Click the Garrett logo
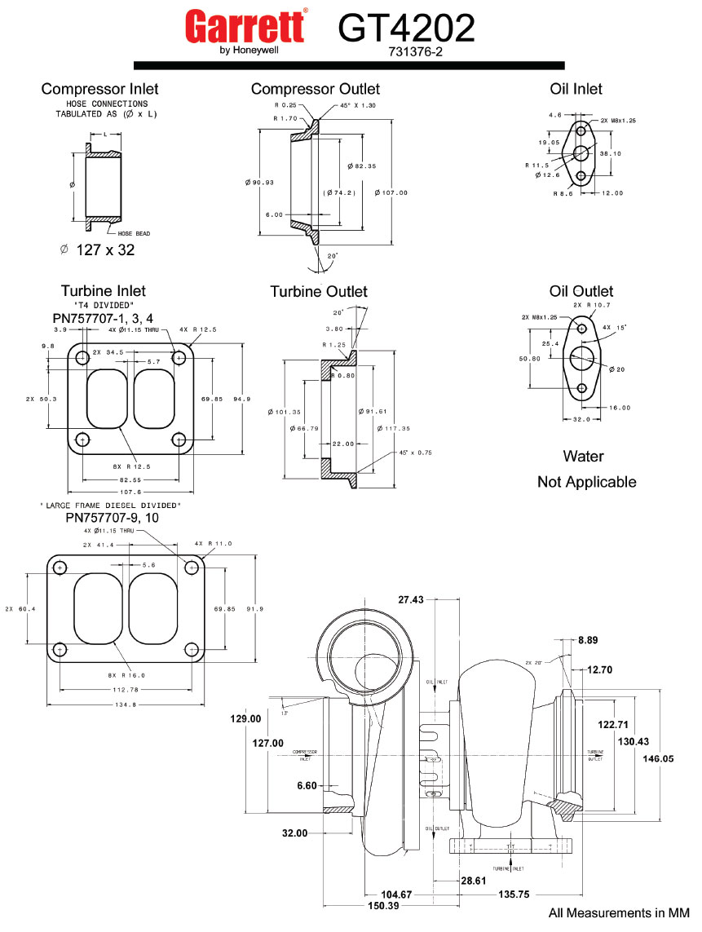coord(246,29)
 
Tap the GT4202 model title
coord(406,29)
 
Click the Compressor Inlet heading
coord(99,89)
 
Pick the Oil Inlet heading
coord(576,89)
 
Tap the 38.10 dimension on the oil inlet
coord(611,153)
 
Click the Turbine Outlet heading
coord(319,291)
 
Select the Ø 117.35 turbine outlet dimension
coord(393,428)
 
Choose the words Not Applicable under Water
coord(586,482)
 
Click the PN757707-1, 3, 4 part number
coord(104,318)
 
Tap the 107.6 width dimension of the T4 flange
coord(130,493)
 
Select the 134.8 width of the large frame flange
coord(125,705)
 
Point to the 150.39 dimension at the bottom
coord(382,907)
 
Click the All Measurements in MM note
coord(618,913)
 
